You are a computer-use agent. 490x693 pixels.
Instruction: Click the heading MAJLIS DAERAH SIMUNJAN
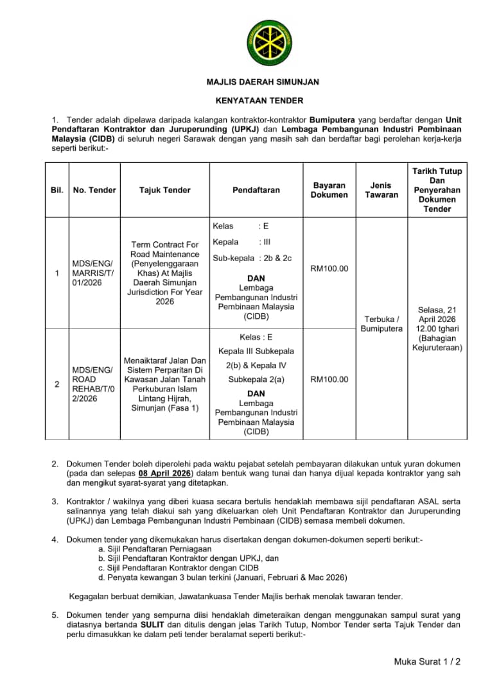263,82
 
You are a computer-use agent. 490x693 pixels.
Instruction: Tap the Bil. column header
57,190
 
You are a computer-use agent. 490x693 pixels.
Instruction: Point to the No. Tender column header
94,190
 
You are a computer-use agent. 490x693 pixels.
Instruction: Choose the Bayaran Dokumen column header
329,190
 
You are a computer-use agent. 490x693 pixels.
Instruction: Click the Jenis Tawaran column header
381,190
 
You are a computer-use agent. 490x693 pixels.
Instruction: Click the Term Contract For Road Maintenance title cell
165,273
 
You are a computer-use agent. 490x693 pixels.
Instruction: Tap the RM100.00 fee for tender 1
329,268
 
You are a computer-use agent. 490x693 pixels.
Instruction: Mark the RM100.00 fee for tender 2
329,379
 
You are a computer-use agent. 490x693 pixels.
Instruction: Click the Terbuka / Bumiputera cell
381,323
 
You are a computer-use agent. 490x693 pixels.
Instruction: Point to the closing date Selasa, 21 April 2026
437,314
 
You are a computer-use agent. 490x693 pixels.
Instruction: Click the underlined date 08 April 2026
165,473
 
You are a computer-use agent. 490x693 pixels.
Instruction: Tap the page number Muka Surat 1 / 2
428,662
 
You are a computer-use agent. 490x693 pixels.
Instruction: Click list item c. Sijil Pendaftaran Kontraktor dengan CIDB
179,568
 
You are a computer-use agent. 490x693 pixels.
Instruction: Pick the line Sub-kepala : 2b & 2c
252,258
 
